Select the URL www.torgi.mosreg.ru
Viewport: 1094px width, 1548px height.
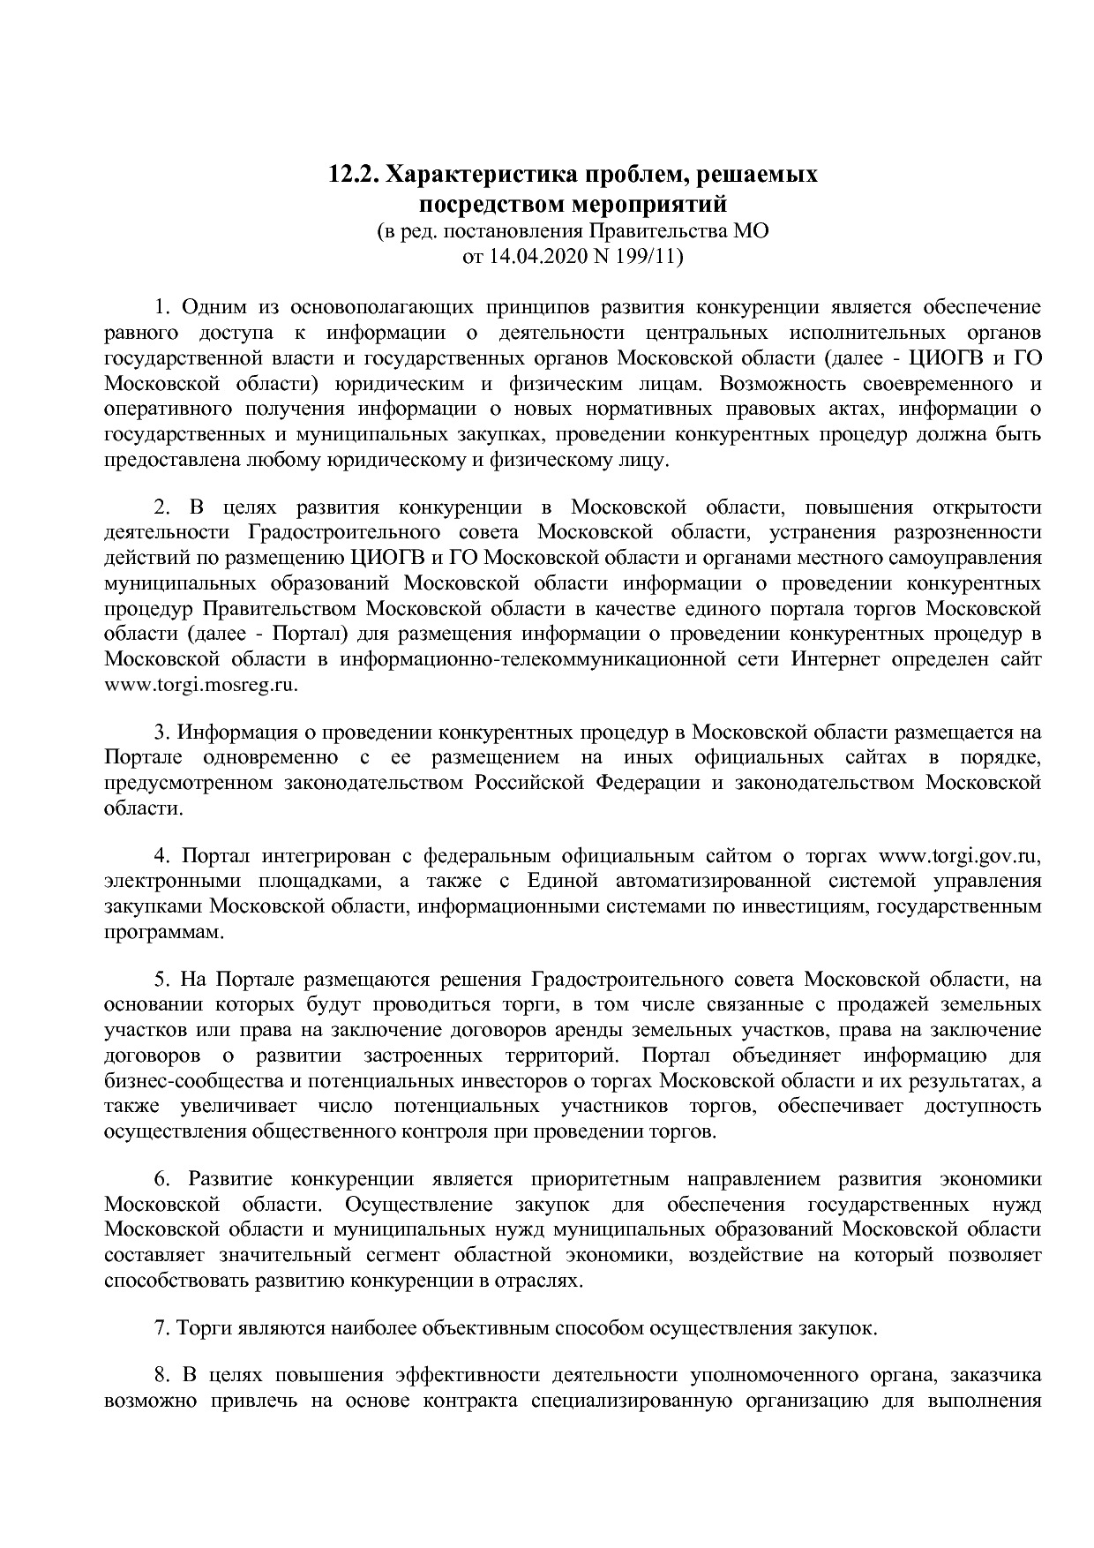(x=201, y=684)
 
